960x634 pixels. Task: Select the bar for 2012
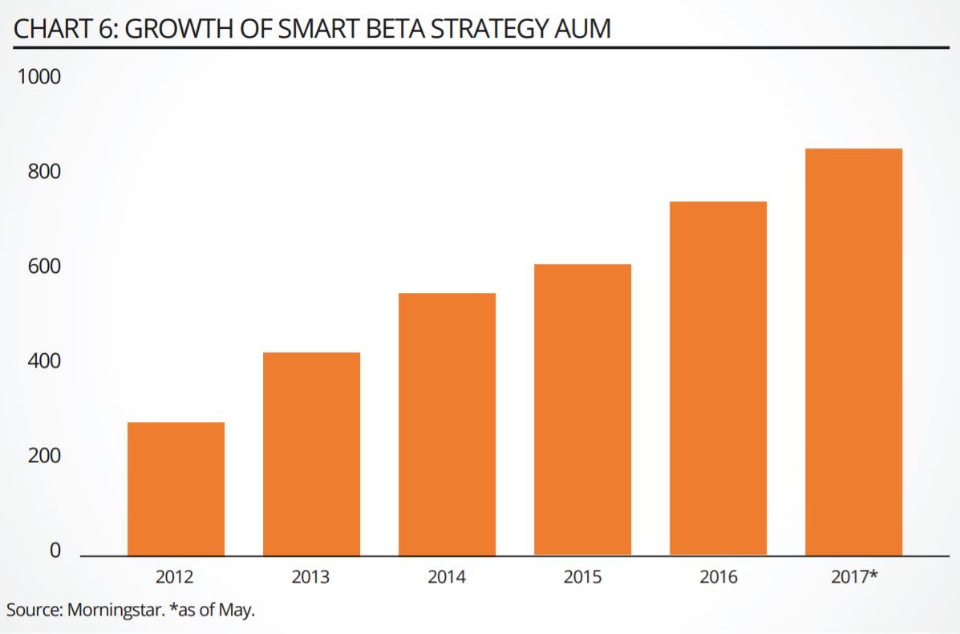coord(176,488)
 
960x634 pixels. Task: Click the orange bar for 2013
coord(311,453)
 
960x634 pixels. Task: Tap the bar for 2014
coord(447,424)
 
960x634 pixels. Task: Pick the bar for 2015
coord(582,409)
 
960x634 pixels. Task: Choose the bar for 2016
coord(719,378)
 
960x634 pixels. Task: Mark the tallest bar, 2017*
coord(854,352)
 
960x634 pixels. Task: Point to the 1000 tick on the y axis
coord(38,78)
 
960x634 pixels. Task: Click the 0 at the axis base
coord(55,551)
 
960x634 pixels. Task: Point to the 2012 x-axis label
coord(176,576)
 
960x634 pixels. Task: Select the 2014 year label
coord(447,576)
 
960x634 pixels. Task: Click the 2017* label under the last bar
coord(854,576)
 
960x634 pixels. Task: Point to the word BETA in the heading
coord(378,29)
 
